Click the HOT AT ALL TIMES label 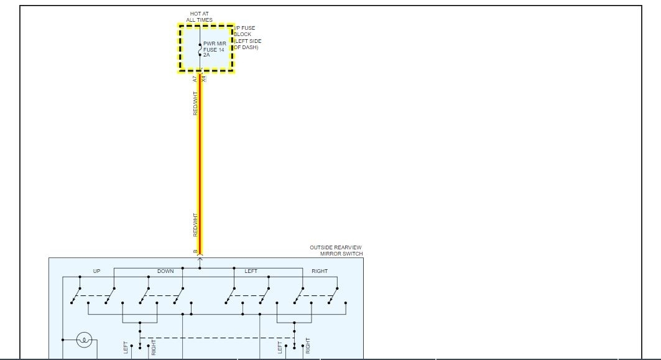(199, 17)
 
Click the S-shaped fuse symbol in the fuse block (200, 49)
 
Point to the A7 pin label (195, 80)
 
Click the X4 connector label (204, 80)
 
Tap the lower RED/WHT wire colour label (195, 224)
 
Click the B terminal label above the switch (195, 252)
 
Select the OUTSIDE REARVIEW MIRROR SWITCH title (336, 251)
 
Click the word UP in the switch (96, 271)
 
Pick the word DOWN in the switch (165, 271)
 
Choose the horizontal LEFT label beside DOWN (251, 271)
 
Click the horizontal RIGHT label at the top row (319, 271)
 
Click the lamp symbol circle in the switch (85, 339)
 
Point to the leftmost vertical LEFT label (126, 348)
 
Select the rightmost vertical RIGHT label (308, 346)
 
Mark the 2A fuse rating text (206, 55)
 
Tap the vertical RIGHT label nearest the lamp (154, 347)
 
